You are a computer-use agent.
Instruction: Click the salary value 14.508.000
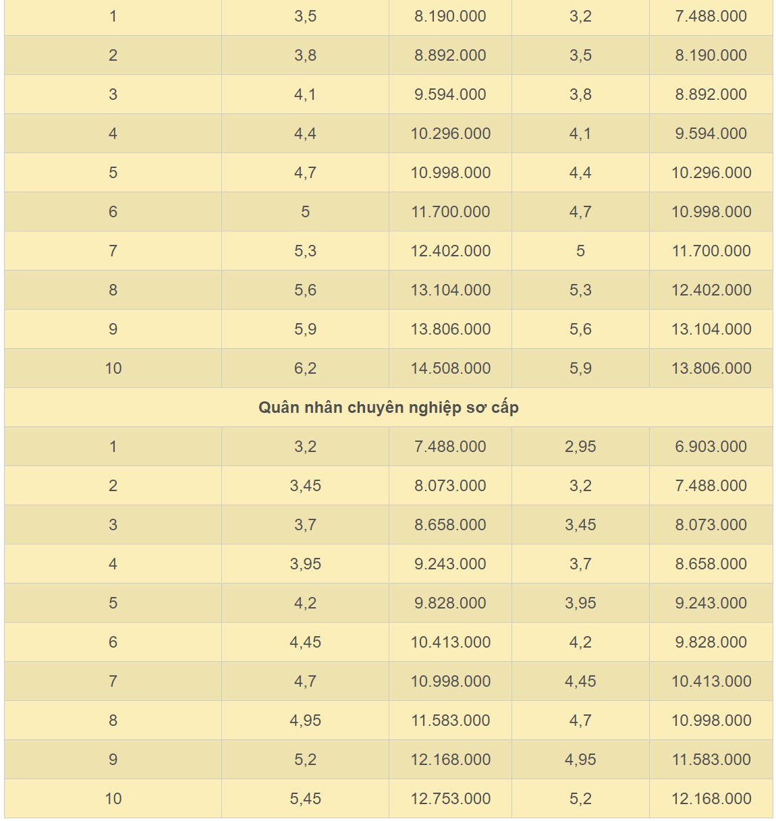[450, 368]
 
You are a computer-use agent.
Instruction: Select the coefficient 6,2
[305, 368]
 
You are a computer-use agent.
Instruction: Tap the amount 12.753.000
[450, 799]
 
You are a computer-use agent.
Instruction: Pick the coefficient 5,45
[305, 799]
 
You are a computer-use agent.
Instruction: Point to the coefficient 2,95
[580, 447]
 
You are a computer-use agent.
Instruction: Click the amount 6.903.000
[711, 447]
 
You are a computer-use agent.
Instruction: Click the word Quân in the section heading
[278, 407]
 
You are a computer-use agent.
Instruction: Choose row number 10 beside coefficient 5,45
[113, 799]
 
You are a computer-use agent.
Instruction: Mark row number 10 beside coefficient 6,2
[113, 368]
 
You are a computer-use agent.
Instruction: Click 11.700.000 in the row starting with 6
[450, 212]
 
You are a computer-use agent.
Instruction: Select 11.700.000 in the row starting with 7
[711, 251]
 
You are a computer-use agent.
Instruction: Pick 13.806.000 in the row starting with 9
[450, 329]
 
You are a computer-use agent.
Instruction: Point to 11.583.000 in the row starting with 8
[450, 720]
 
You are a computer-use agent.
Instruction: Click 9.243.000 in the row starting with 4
[450, 564]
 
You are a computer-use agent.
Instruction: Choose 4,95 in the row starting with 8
[305, 720]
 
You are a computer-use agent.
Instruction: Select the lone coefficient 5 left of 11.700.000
[305, 212]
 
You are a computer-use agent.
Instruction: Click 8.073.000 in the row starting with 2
[450, 486]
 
